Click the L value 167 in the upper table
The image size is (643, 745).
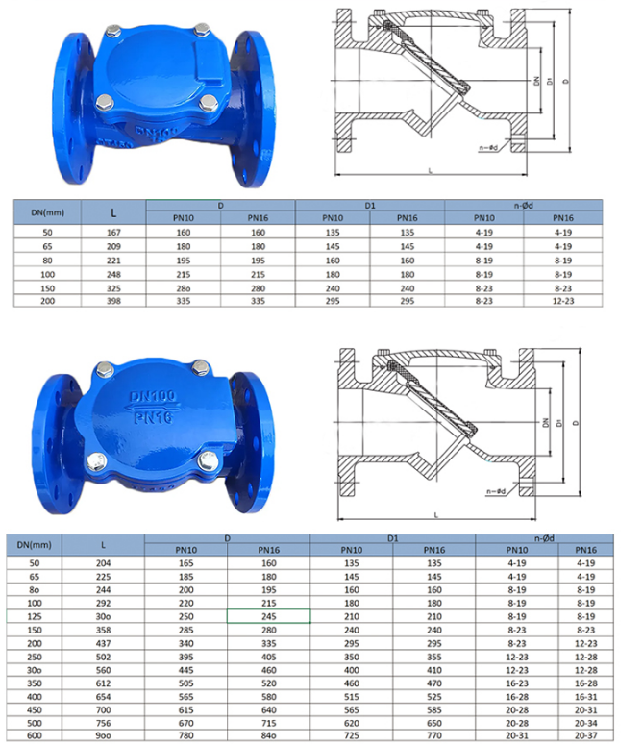pyautogui.click(x=113, y=233)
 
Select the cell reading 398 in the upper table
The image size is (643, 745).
pyautogui.click(x=113, y=301)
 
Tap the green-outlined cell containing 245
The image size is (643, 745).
pyautogui.click(x=269, y=616)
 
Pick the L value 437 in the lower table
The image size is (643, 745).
pyautogui.click(x=103, y=643)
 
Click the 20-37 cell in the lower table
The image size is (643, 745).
pyautogui.click(x=585, y=735)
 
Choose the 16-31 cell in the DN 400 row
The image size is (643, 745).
pyautogui.click(x=585, y=697)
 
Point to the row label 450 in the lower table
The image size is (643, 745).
pyautogui.click(x=35, y=709)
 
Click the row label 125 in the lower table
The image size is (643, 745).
pyautogui.click(x=35, y=616)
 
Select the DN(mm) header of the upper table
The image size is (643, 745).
pyautogui.click(x=47, y=212)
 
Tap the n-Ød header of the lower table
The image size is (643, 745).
pyautogui.click(x=544, y=538)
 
